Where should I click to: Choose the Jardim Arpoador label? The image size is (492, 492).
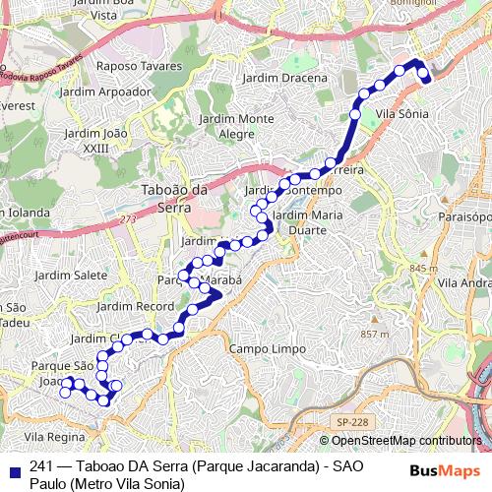coord(105,92)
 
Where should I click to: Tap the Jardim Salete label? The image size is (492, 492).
coord(71,276)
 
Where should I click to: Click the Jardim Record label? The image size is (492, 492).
coord(140,307)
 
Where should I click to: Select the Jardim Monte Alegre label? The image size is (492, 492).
coord(236,126)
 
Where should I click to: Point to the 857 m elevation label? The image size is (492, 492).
coord(375,335)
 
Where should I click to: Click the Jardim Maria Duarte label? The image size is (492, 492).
coord(307,221)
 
